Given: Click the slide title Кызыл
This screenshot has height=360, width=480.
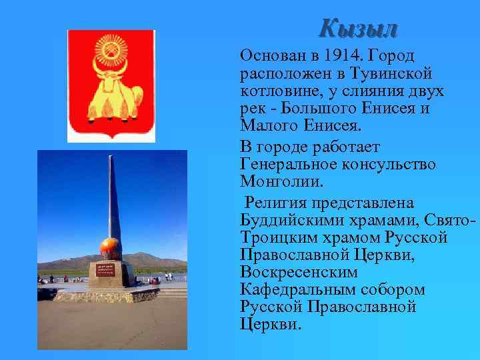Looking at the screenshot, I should (x=358, y=28).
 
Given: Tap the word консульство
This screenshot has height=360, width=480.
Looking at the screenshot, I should (x=387, y=163).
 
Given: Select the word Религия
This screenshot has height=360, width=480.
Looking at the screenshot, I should (x=276, y=202).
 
